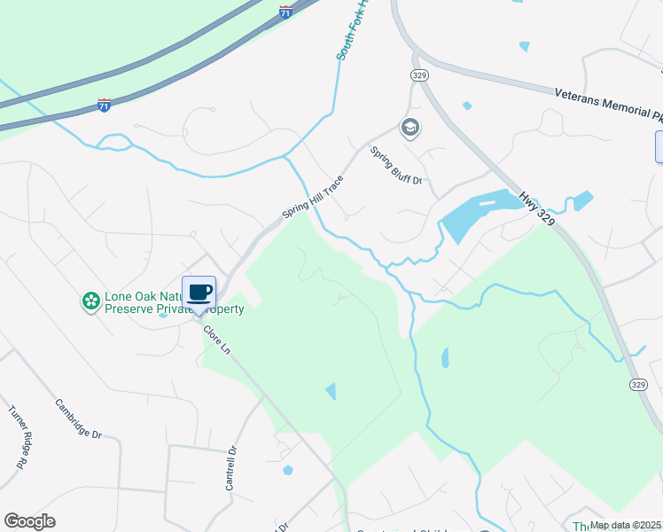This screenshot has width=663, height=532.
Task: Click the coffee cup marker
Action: click(x=199, y=293)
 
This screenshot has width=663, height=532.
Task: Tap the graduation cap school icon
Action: click(x=409, y=128)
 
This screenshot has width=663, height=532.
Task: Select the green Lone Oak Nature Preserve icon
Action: click(x=90, y=301)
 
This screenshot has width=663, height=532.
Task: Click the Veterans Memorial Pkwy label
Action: click(x=608, y=104)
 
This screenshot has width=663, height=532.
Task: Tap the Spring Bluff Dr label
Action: click(x=395, y=166)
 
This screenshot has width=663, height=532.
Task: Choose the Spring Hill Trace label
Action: click(x=312, y=197)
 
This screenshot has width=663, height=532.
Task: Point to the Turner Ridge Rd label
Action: click(x=17, y=437)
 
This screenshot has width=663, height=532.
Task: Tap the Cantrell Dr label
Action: click(x=232, y=468)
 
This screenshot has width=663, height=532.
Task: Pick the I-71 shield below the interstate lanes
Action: click(x=105, y=106)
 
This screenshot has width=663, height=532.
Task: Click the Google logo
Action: click(x=29, y=521)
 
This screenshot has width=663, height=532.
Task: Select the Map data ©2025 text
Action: click(x=625, y=525)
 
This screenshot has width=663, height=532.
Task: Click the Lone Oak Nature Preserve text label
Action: click(x=173, y=303)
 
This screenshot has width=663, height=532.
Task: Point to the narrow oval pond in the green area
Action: click(x=444, y=357)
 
